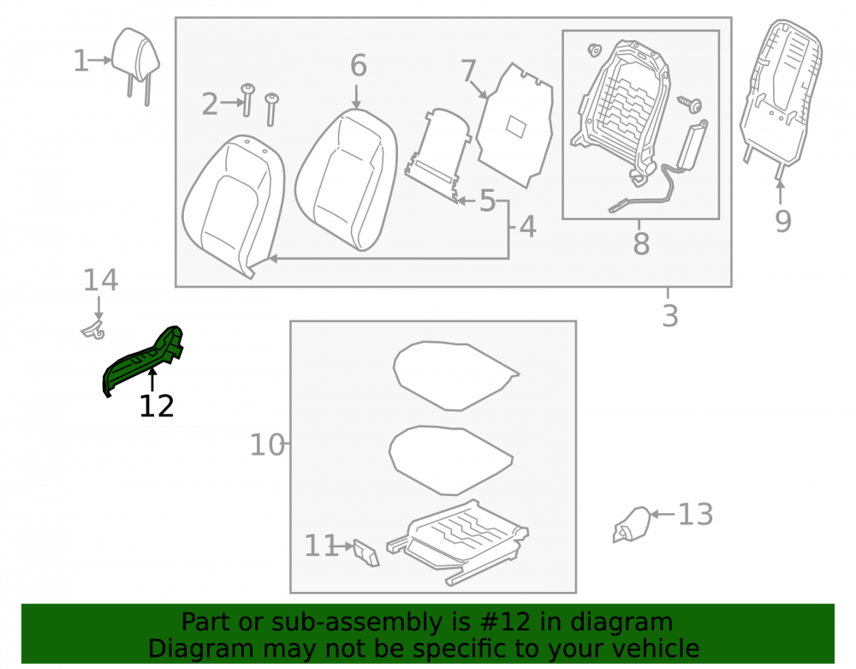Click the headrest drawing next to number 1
tap(135, 61)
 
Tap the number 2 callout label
tap(210, 104)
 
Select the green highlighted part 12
tap(142, 361)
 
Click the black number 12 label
tap(157, 406)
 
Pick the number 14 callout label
tap(100, 280)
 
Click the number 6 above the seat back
tap(358, 66)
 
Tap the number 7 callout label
tap(469, 71)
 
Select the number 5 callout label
tap(487, 201)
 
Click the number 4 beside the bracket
tap(527, 227)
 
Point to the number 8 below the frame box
tap(641, 243)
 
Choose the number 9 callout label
tap(783, 221)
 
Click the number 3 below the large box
tap(670, 316)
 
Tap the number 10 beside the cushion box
tap(267, 445)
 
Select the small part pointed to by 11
tap(366, 553)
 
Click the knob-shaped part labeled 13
tap(632, 525)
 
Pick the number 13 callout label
tap(695, 515)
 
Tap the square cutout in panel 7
tap(515, 127)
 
